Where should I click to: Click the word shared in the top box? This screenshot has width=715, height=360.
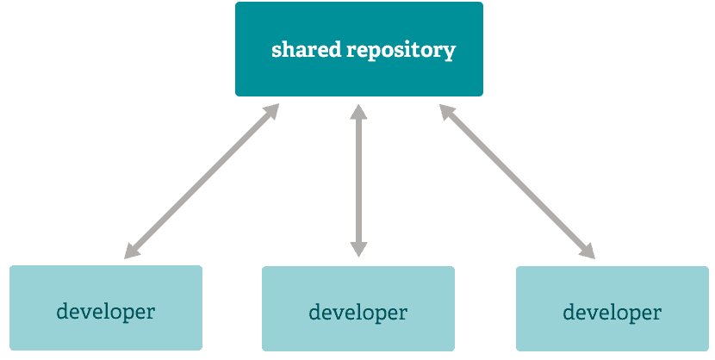point(306,49)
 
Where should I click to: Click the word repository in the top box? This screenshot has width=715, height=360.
point(401,51)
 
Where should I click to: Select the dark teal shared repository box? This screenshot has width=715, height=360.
point(359,49)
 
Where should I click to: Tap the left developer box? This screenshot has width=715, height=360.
point(106,308)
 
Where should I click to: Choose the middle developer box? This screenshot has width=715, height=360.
point(358,308)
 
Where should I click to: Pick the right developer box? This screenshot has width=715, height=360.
point(612,308)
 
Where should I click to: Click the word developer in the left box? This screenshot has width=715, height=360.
point(106,312)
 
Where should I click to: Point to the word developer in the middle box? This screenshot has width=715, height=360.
point(358,313)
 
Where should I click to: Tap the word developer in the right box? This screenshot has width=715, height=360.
point(612,313)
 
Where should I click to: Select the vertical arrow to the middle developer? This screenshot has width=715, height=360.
point(358,181)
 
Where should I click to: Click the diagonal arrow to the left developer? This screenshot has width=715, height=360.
point(202,182)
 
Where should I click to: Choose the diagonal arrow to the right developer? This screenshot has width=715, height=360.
point(517,182)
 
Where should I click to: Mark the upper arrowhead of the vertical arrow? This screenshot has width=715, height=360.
point(358,112)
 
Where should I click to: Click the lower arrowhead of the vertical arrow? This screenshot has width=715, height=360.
point(358,249)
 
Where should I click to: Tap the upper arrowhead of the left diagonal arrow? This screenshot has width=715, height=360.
point(271,111)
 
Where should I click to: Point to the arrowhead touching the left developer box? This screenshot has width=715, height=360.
point(131,251)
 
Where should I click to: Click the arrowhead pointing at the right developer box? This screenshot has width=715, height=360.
point(588,251)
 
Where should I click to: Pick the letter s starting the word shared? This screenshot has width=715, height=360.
point(277,51)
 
